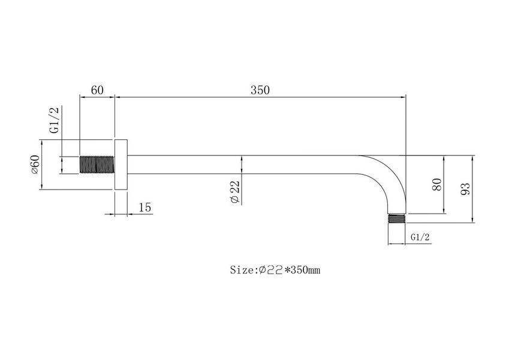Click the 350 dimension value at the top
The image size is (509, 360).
(x=260, y=90)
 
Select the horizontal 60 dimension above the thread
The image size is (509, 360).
(x=97, y=90)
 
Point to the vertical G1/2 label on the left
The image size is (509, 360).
(x=55, y=119)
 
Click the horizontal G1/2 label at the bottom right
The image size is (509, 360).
(x=420, y=237)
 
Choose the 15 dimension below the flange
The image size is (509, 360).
(x=144, y=207)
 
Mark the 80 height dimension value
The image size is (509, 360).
(x=438, y=184)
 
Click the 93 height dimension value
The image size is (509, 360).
(x=465, y=189)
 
